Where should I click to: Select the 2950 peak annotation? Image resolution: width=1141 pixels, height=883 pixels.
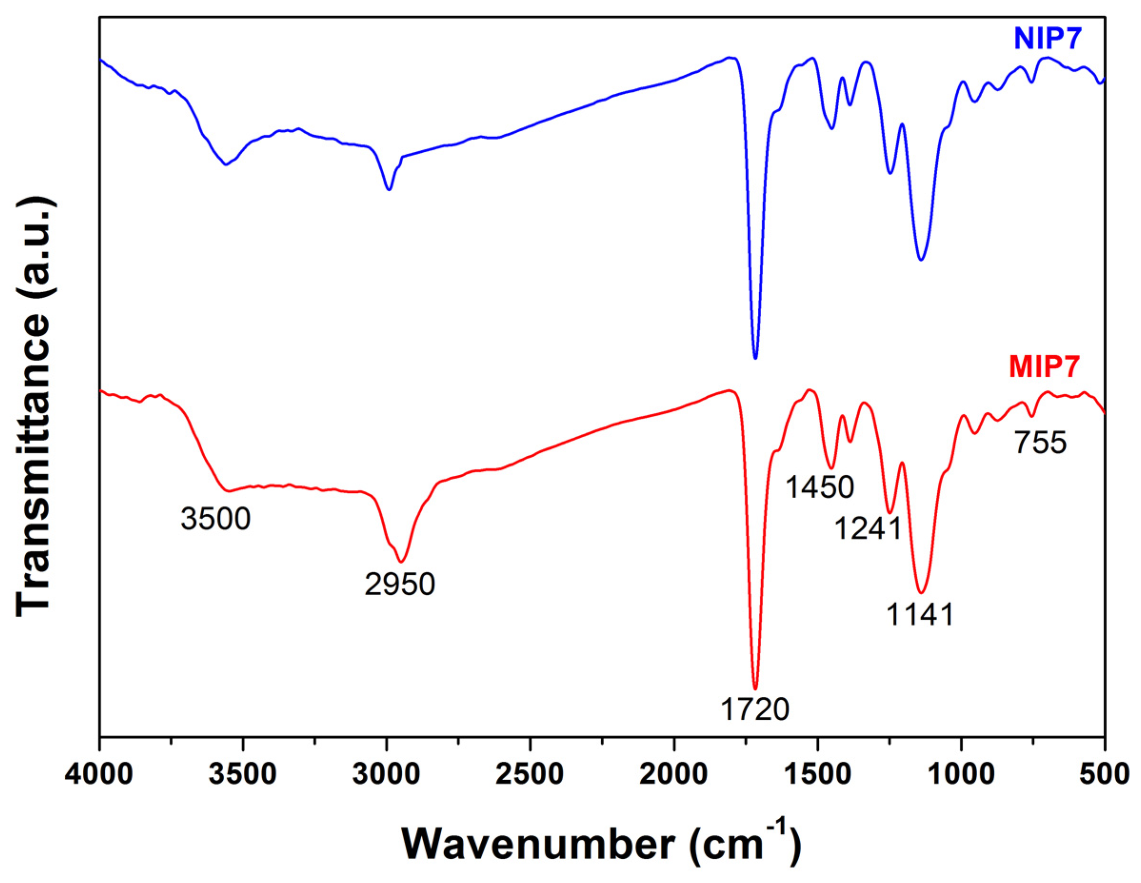[400, 584]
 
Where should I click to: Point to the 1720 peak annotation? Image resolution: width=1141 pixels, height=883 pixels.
[755, 710]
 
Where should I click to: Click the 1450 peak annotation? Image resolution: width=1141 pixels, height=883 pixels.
[820, 487]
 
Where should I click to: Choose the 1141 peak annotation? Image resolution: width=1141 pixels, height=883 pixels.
[920, 615]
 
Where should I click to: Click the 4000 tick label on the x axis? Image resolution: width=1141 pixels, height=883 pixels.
[99, 775]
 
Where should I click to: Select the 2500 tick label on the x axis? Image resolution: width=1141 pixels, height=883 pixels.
[530, 775]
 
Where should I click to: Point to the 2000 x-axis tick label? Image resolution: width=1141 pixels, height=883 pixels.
[674, 775]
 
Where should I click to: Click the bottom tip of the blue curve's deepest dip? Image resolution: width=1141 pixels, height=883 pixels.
[755, 358]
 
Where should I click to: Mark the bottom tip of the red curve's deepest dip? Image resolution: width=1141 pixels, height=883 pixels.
[755, 689]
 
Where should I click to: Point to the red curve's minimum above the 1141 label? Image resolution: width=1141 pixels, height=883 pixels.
[922, 593]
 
